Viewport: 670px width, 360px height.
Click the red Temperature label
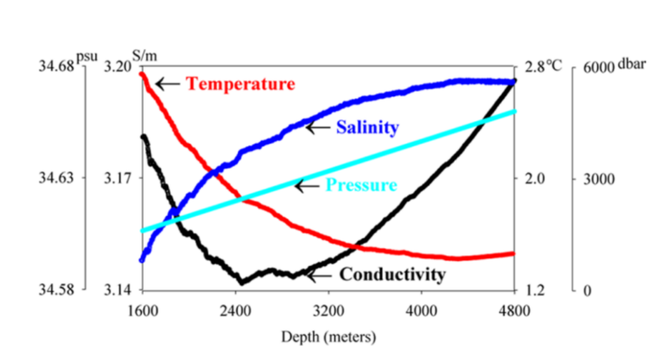241,84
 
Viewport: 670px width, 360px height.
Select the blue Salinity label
367,127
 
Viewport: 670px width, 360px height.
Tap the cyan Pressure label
361,185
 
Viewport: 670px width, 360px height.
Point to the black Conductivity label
392,274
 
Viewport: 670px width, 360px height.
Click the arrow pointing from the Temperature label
167,83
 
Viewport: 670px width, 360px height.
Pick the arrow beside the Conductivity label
319,274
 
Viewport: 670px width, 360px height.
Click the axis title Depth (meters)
329,338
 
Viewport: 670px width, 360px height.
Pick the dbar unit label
632,64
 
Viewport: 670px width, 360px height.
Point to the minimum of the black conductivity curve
242,282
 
